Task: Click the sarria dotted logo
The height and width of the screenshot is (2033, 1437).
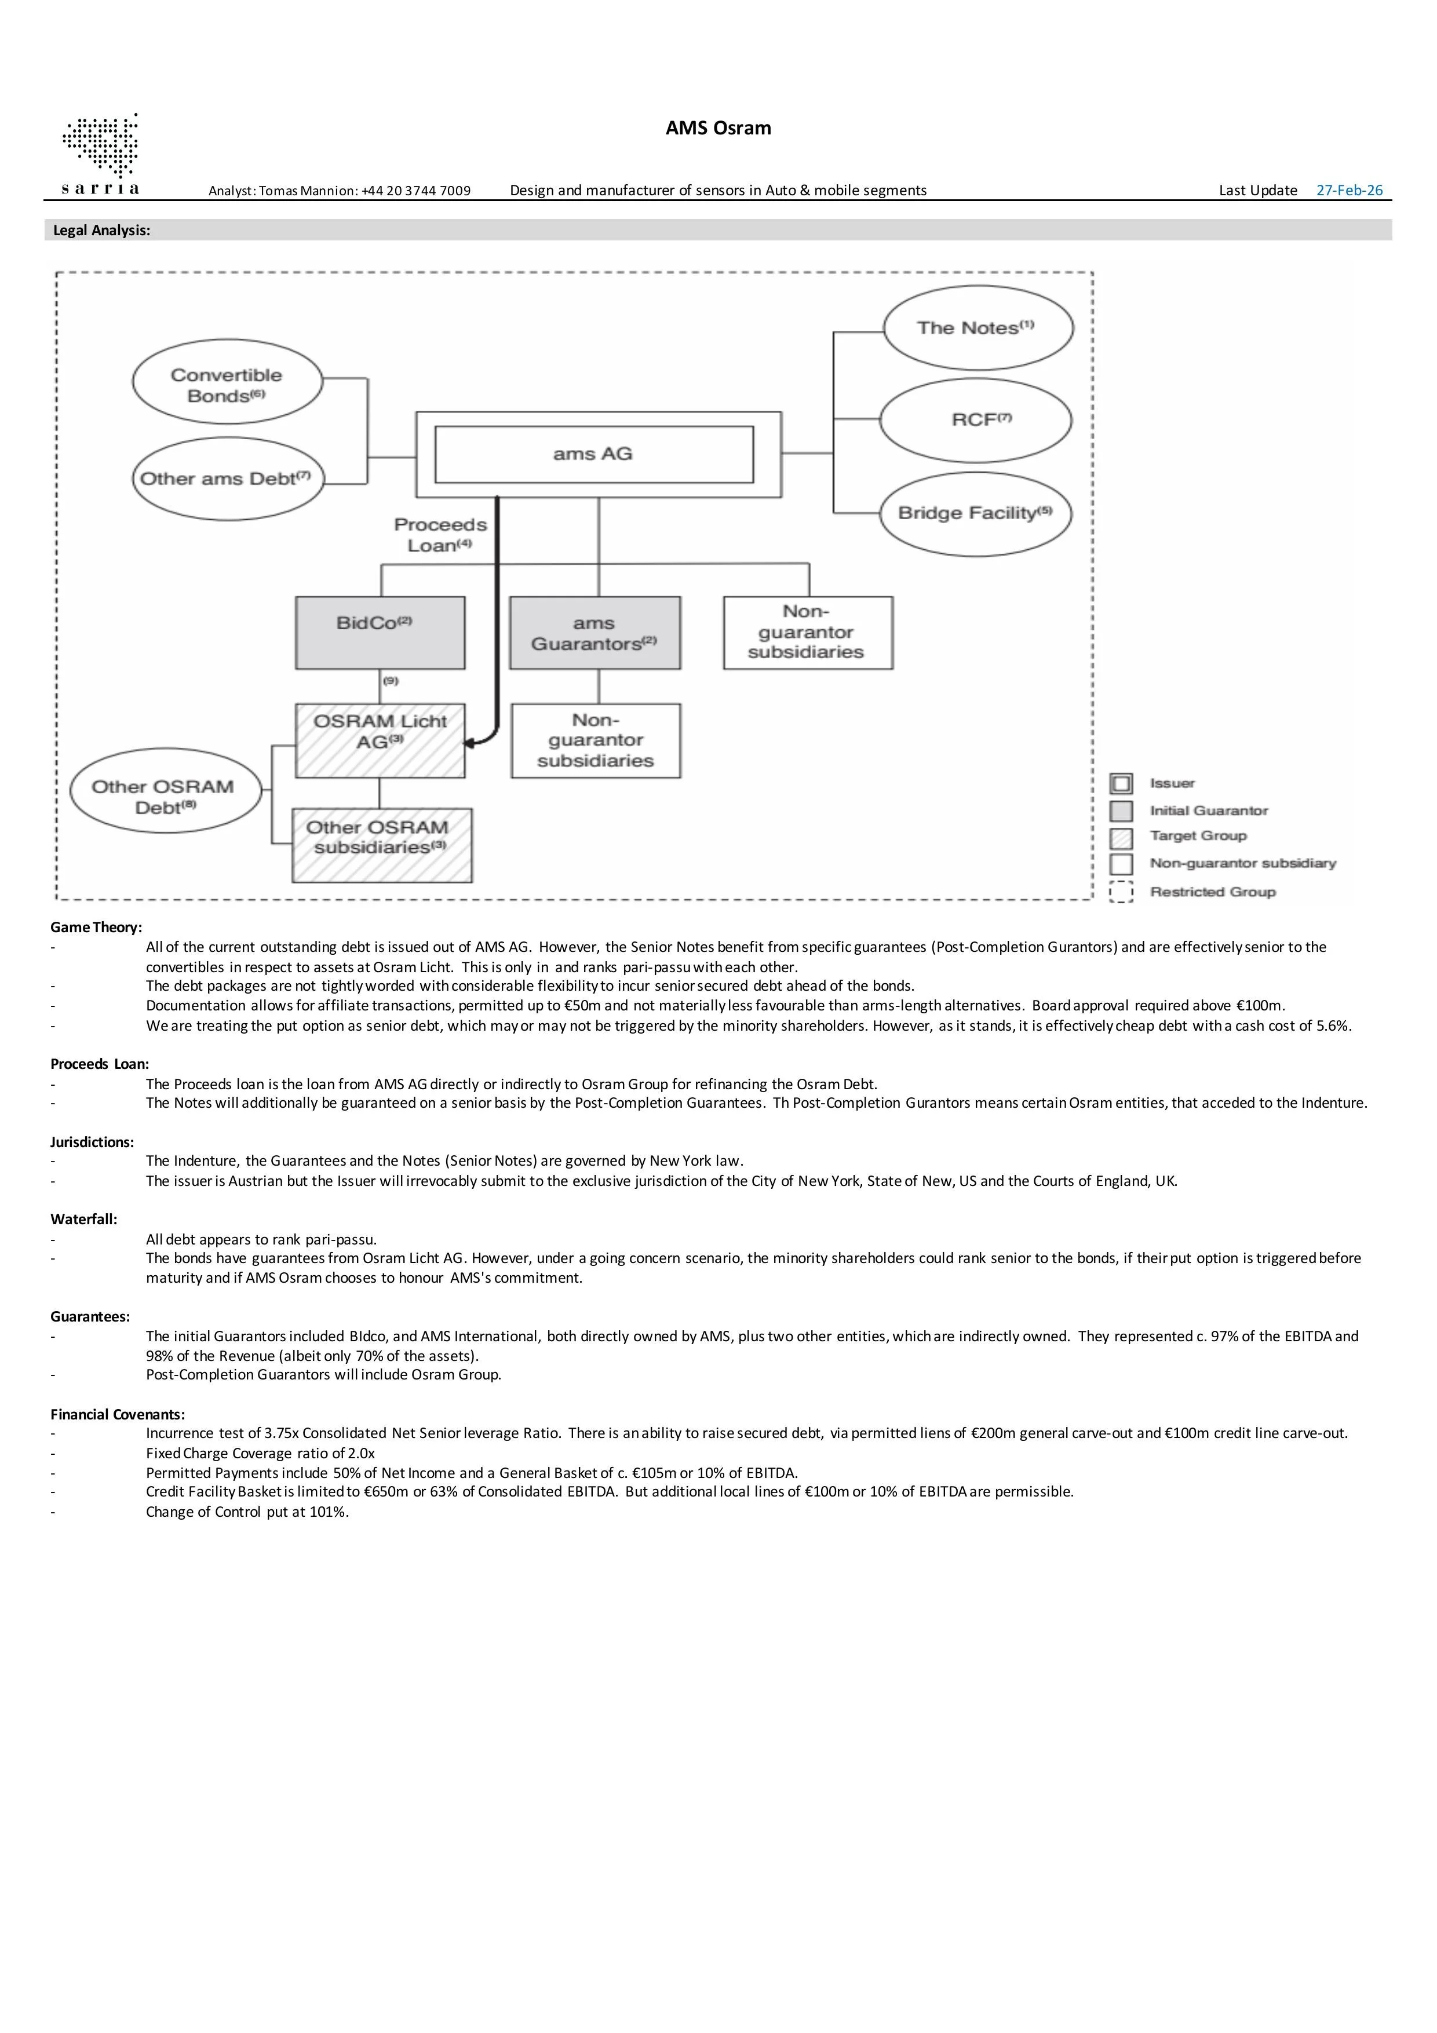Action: [x=100, y=146]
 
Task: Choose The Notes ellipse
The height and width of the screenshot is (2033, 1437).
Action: [x=978, y=327]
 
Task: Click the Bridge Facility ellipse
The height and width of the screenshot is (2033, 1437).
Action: [x=976, y=513]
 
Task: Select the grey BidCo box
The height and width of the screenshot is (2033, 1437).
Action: [x=380, y=632]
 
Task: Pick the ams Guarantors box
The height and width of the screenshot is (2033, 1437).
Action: [x=595, y=632]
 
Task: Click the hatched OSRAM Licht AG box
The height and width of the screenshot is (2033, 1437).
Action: [x=380, y=740]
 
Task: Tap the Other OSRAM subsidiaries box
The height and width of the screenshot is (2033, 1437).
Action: [x=382, y=845]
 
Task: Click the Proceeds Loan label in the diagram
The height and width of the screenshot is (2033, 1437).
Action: [x=440, y=535]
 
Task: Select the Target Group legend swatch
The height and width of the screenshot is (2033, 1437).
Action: [x=1121, y=838]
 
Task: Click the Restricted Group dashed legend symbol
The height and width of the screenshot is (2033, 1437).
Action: [x=1121, y=893]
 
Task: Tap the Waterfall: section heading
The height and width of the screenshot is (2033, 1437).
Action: [x=83, y=1219]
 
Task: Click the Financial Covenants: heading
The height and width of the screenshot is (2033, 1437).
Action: [x=118, y=1414]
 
